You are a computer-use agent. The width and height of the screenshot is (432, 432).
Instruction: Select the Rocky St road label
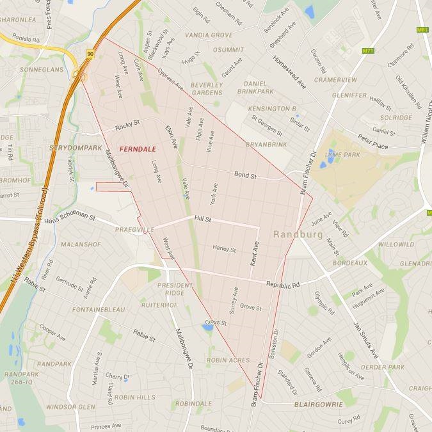(x=127, y=127)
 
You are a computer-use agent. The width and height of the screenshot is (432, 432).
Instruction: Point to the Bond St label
(x=244, y=174)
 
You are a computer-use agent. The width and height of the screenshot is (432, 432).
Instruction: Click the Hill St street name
(x=204, y=220)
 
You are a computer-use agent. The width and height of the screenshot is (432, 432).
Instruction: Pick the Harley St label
(x=224, y=248)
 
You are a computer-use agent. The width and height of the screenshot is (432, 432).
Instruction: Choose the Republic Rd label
(x=282, y=282)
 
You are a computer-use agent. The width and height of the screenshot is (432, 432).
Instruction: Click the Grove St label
(x=250, y=308)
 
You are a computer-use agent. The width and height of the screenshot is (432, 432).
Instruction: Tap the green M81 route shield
(x=422, y=30)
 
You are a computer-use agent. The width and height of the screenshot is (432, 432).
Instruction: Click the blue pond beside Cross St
(x=207, y=328)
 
